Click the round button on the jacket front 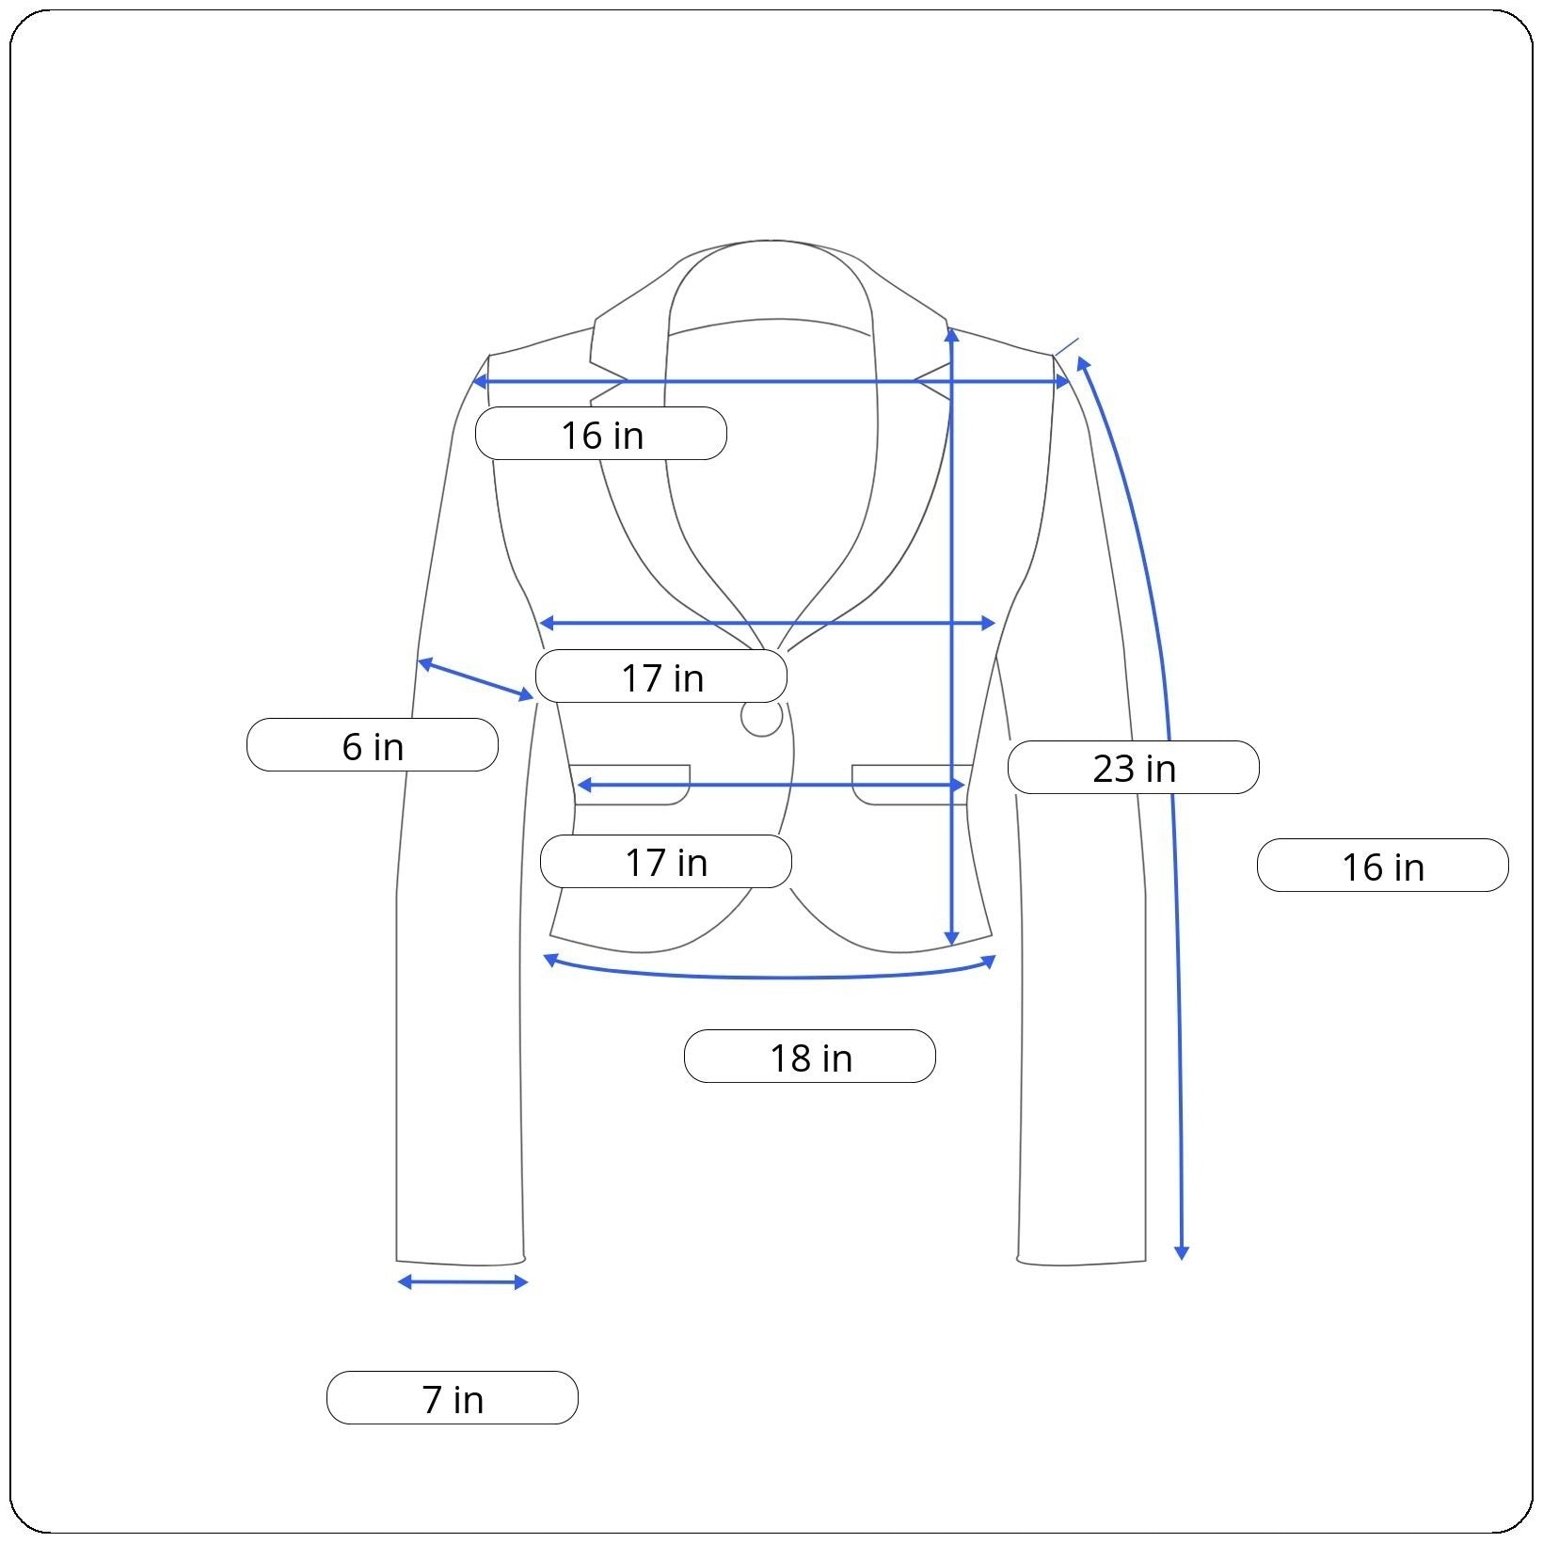(761, 718)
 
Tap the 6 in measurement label (373, 745)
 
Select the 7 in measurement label (453, 1398)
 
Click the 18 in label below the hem (810, 1057)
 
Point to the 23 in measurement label (1134, 768)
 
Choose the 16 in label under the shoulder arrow (601, 434)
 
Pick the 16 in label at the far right (1383, 866)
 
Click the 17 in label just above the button (661, 676)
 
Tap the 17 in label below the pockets (666, 861)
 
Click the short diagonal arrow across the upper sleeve (476, 679)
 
